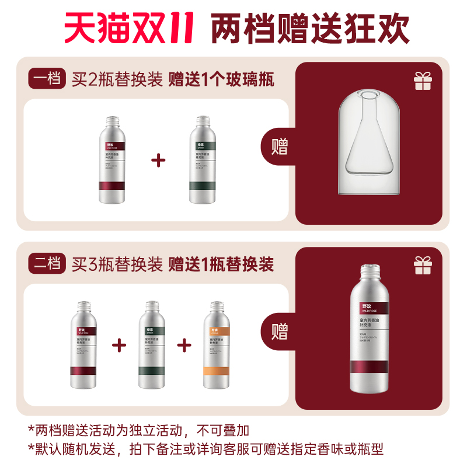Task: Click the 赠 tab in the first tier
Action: pyautogui.click(x=280, y=147)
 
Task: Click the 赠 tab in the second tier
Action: pyautogui.click(x=280, y=332)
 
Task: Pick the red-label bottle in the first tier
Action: pyautogui.click(x=112, y=160)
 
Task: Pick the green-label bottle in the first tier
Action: pyautogui.click(x=203, y=160)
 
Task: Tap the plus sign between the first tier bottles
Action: pyautogui.click(x=158, y=160)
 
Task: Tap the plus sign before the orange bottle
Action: pyautogui.click(x=184, y=344)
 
